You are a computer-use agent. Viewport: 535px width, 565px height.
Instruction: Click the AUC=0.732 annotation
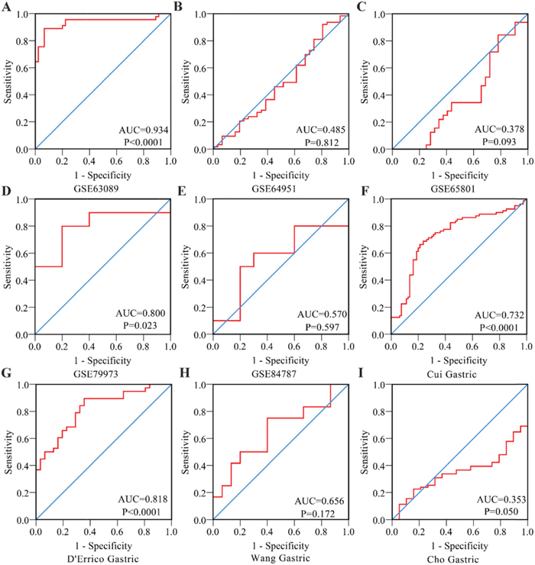coord(502,315)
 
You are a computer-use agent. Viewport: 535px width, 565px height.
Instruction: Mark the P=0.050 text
coord(505,512)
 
